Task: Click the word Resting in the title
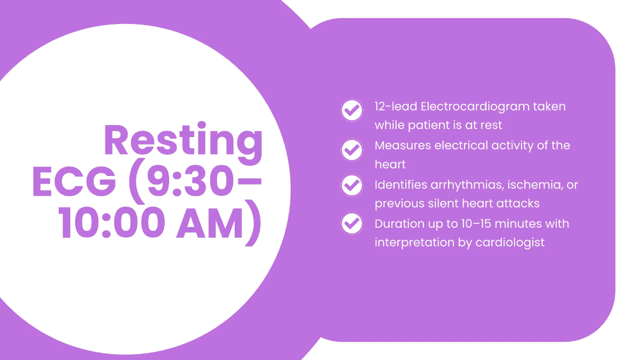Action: click(x=183, y=140)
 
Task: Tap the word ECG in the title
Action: click(x=74, y=181)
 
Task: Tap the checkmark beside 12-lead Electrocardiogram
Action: click(x=351, y=110)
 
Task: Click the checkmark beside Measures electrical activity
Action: click(x=351, y=150)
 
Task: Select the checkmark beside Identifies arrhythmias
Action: click(x=351, y=185)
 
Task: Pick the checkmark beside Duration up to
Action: click(x=351, y=222)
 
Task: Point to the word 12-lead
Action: click(x=395, y=106)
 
